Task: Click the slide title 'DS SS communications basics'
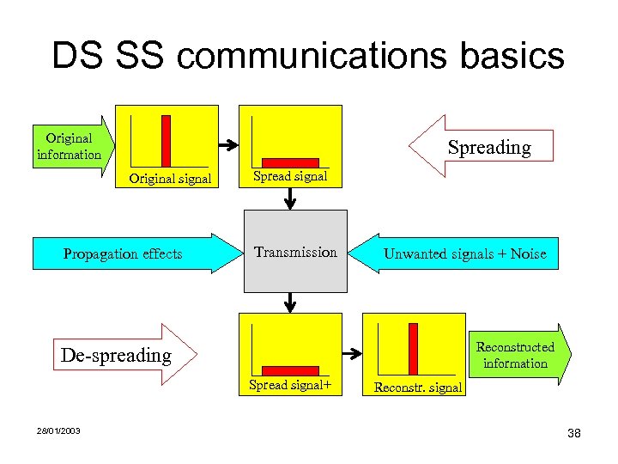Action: click(307, 56)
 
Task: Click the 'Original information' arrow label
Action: click(69, 146)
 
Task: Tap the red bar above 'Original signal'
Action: click(166, 140)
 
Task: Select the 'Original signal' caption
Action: click(170, 179)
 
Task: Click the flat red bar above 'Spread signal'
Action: click(290, 162)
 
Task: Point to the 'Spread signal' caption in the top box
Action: click(290, 176)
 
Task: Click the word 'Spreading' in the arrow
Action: click(489, 147)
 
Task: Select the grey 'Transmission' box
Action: click(295, 252)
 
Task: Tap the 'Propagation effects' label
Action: click(123, 253)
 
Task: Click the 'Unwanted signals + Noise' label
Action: click(464, 253)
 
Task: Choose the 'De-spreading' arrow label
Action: click(116, 355)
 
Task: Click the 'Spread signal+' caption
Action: click(290, 385)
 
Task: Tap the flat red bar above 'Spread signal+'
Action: click(290, 371)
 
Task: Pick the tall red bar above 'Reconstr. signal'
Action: click(413, 349)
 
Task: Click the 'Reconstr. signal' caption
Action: click(418, 388)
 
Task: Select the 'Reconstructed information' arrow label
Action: click(515, 355)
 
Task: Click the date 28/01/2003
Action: click(59, 430)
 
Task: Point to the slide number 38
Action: click(574, 433)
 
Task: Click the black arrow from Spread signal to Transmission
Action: click(290, 199)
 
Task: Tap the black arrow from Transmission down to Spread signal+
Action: click(290, 302)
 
